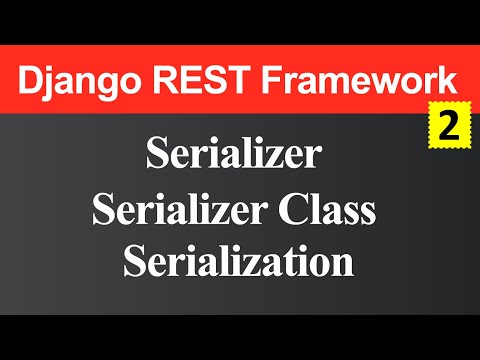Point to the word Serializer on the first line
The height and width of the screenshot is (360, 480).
(x=233, y=155)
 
